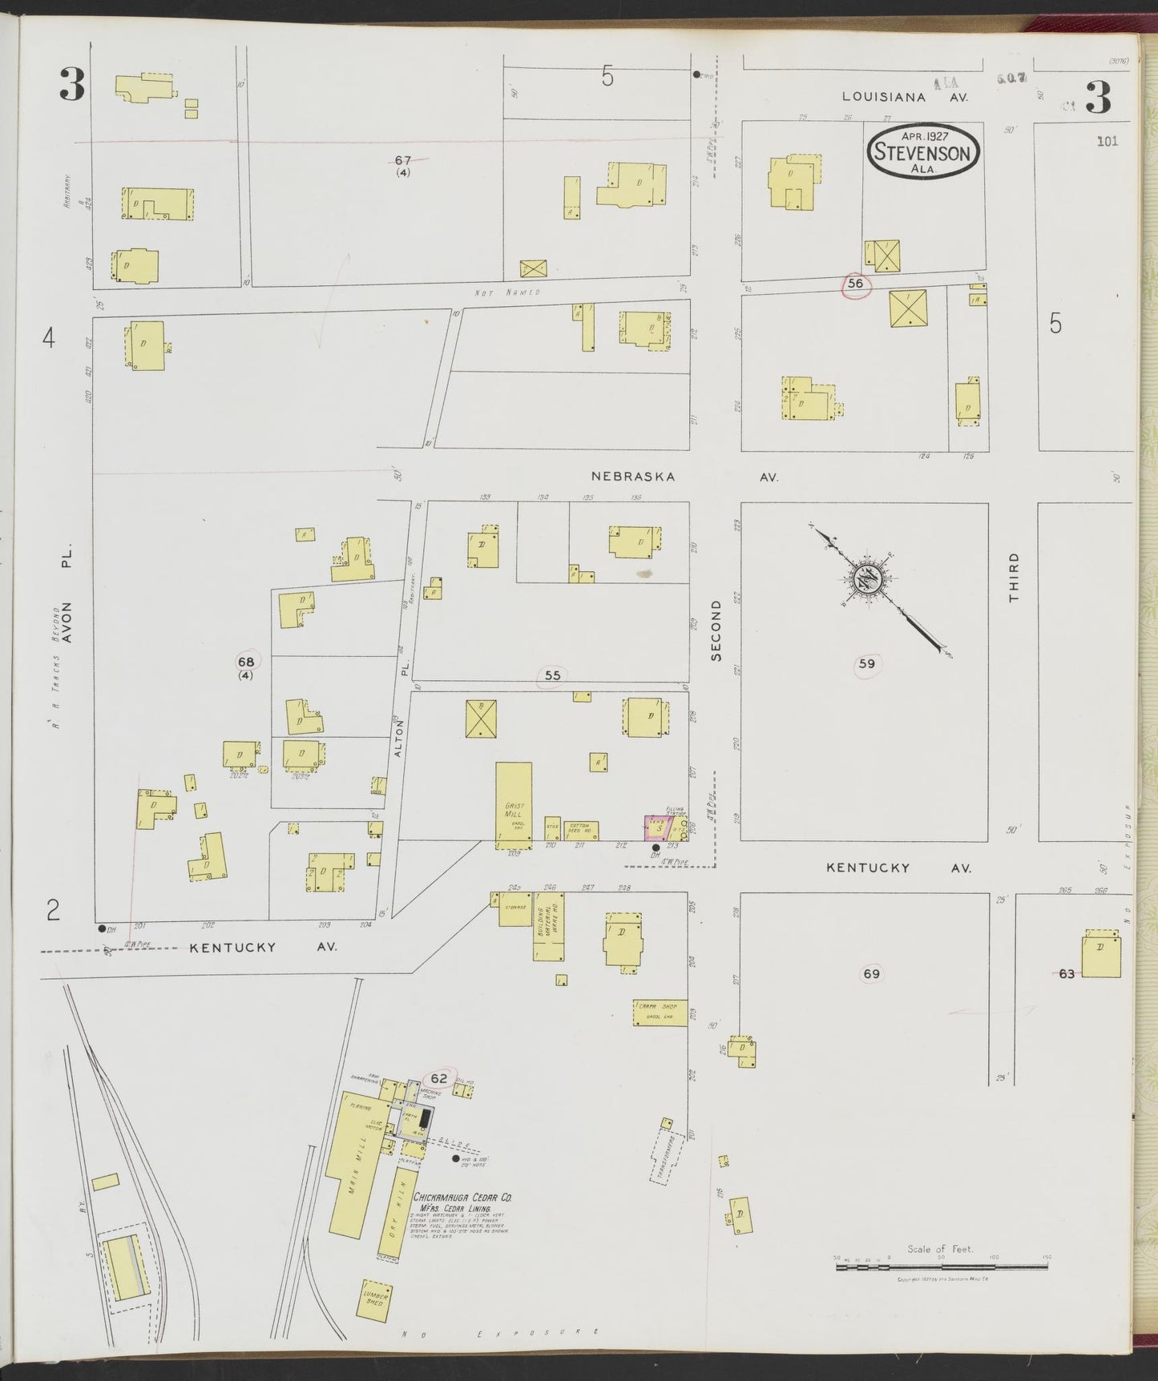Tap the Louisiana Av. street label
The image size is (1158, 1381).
904,97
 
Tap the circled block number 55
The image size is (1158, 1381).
552,676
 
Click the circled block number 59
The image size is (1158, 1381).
866,663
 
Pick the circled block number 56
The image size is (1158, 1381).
855,284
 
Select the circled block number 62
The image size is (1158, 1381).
438,1078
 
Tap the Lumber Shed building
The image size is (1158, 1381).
376,1298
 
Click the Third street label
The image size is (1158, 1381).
1014,577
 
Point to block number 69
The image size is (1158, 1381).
871,974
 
